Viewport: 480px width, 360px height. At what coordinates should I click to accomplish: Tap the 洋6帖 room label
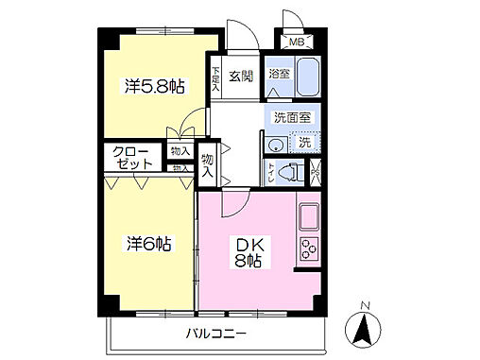149,244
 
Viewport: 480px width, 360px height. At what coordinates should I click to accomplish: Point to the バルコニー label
215,334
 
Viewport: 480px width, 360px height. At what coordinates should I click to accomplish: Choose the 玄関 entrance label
240,75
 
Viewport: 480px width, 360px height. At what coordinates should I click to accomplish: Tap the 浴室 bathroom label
279,73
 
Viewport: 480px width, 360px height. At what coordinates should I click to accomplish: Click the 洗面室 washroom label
290,118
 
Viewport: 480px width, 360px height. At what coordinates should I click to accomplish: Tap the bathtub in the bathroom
306,81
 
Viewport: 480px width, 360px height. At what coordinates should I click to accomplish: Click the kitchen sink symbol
310,218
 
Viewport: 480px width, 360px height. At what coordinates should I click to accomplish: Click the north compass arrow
365,331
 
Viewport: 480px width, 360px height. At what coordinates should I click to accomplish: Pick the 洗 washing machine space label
305,142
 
